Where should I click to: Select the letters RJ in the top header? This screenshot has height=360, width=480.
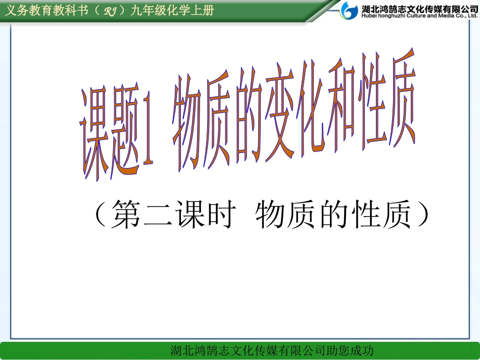pyautogui.click(x=111, y=12)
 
